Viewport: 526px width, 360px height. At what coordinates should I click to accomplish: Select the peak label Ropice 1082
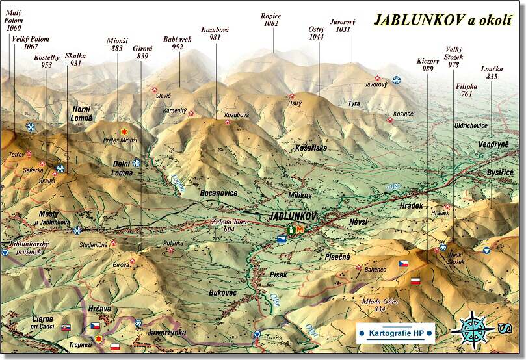(x=270, y=19)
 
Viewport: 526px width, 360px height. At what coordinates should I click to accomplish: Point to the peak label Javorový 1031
(x=344, y=25)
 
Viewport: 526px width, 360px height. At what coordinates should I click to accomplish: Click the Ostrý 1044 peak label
(x=316, y=33)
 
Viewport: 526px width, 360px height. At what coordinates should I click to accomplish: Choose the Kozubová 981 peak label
(x=215, y=33)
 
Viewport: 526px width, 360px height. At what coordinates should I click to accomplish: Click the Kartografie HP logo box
(x=395, y=333)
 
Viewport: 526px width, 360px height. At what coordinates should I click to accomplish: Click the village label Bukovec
(x=223, y=293)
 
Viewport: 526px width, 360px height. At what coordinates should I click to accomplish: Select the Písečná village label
(x=337, y=257)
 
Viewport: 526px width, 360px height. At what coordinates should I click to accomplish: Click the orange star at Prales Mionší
(x=124, y=131)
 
